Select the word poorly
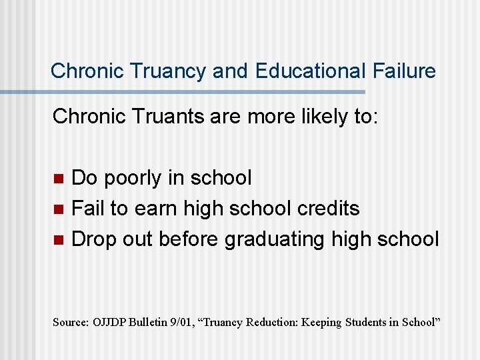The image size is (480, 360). tap(138, 178)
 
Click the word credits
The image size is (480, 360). tap(327, 209)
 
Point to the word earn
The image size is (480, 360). tap(157, 209)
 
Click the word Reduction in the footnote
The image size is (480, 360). tap(272, 322)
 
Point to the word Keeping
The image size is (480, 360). tap(323, 322)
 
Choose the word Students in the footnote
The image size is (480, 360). tap(369, 322)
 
